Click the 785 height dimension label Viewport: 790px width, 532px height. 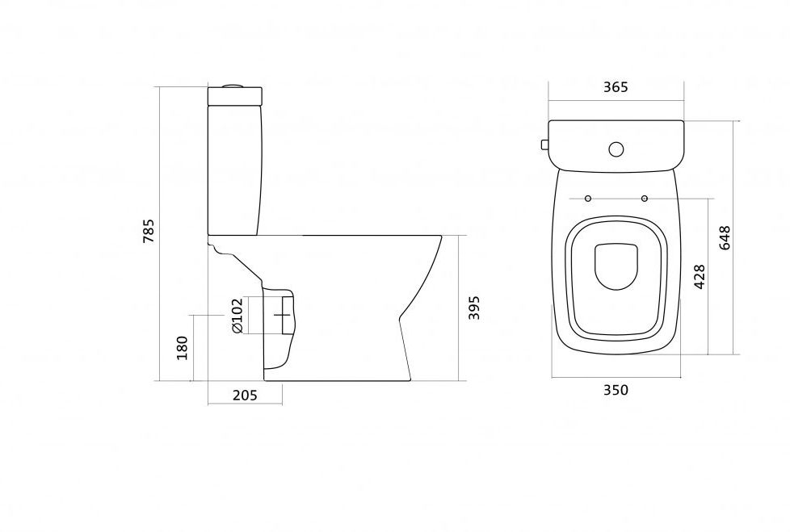click(x=149, y=231)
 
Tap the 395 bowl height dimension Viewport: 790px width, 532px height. click(x=474, y=308)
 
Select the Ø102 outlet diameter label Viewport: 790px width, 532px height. click(x=237, y=316)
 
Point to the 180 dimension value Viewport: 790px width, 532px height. click(x=182, y=348)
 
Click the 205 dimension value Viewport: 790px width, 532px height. click(x=245, y=395)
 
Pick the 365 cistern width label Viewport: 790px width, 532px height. click(x=616, y=87)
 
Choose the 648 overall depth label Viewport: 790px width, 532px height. click(x=725, y=238)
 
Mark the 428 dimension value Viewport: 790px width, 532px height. click(x=700, y=276)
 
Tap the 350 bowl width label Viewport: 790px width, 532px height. click(x=616, y=390)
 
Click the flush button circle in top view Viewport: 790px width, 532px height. click(x=616, y=149)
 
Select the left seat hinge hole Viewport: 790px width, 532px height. click(x=587, y=199)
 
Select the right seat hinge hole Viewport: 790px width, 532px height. click(x=645, y=199)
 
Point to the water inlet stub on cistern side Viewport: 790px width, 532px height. click(x=544, y=145)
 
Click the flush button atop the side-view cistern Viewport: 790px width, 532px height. click(x=233, y=85)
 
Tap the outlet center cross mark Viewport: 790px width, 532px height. click(x=283, y=315)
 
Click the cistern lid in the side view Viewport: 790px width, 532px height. click(x=235, y=97)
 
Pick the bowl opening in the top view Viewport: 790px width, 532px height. click(x=616, y=267)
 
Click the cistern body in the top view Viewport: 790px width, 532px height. click(x=616, y=145)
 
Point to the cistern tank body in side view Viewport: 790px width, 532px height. click(x=234, y=170)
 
